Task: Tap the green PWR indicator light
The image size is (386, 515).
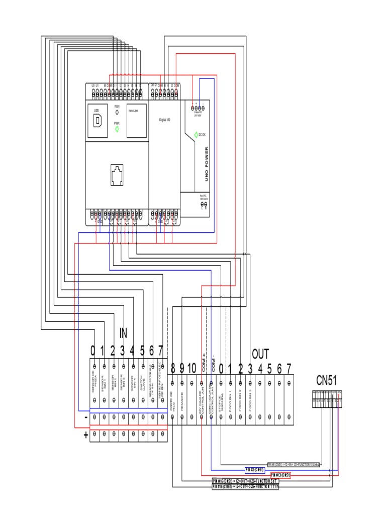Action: point(117,129)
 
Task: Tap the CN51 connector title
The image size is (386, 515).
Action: point(326,380)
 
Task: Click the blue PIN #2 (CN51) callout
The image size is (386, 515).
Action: point(255,470)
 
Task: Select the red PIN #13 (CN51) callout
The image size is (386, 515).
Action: point(280,475)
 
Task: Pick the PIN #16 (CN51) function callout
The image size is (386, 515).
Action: point(245,481)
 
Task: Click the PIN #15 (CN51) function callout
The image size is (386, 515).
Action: point(245,486)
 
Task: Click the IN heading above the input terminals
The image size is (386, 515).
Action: point(123,333)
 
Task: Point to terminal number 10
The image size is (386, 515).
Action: point(191,368)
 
